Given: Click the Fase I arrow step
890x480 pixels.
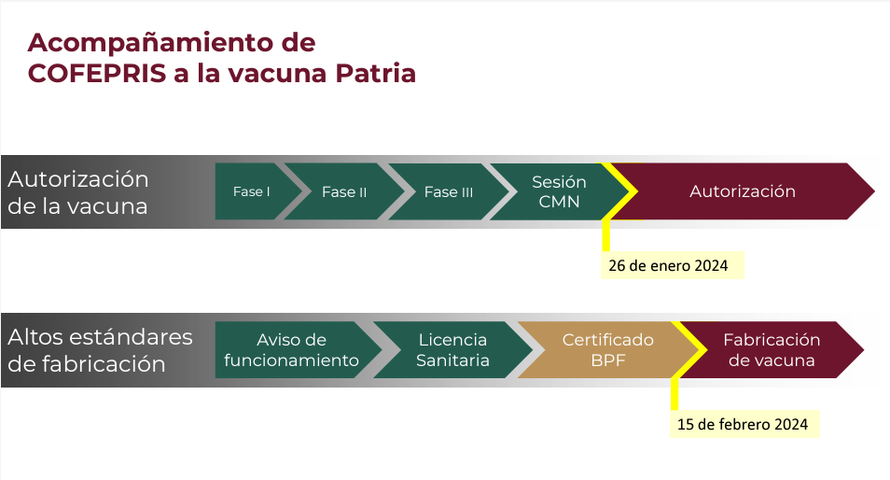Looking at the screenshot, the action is click(253, 191).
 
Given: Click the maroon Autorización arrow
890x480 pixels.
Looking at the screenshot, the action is click(743, 191).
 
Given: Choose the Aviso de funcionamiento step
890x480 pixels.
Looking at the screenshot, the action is click(292, 350).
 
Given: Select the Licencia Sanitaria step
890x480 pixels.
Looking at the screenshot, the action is click(452, 350).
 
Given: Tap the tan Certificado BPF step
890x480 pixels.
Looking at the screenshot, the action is click(608, 350).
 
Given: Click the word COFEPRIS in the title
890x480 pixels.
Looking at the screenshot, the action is click(97, 73).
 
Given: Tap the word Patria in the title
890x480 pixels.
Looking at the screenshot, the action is click(375, 73).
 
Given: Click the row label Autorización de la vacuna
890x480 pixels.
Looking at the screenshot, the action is click(77, 192).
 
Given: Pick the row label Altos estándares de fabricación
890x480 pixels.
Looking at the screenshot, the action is click(100, 350).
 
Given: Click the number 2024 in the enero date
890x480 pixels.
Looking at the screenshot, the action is click(711, 265).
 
